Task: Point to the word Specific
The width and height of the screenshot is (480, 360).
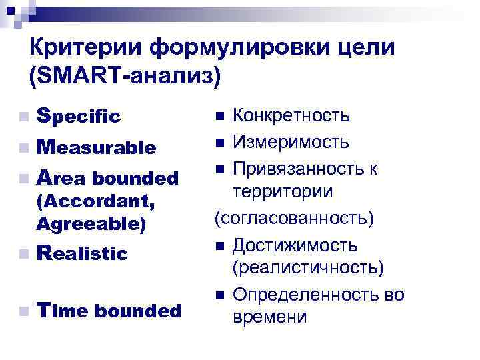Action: point(79,117)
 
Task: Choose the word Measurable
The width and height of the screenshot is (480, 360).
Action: point(97,147)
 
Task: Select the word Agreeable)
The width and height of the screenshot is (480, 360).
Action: point(91,223)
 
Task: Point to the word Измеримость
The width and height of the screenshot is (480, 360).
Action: point(290,142)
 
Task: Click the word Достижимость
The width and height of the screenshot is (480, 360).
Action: point(295,245)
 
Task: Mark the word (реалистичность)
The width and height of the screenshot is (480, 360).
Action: point(309,267)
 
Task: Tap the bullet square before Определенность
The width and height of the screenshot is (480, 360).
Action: point(219,295)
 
